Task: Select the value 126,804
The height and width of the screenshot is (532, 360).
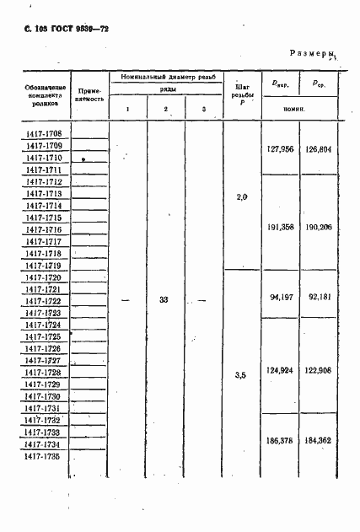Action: tap(318, 148)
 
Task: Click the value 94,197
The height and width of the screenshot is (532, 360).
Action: tap(280, 296)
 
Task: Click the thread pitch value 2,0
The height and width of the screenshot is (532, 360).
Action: tap(243, 196)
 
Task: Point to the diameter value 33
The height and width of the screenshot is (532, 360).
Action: tap(165, 299)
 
